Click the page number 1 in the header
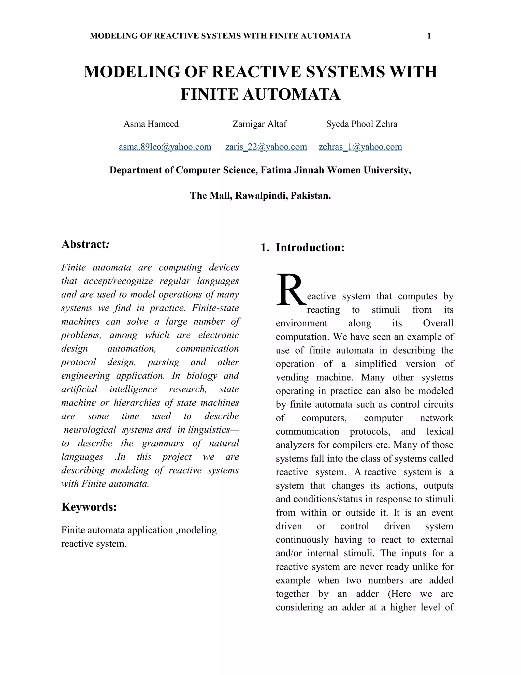(429, 36)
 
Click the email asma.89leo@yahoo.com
(165, 146)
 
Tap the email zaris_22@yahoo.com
(266, 146)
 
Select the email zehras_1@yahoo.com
(360, 146)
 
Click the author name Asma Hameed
(151, 124)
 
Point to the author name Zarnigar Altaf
(259, 124)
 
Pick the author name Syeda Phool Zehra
(361, 124)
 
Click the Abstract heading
(85, 244)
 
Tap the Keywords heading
(89, 507)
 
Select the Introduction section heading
(310, 248)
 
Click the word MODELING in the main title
(132, 72)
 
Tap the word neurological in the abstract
(90, 430)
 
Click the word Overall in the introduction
(438, 323)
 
